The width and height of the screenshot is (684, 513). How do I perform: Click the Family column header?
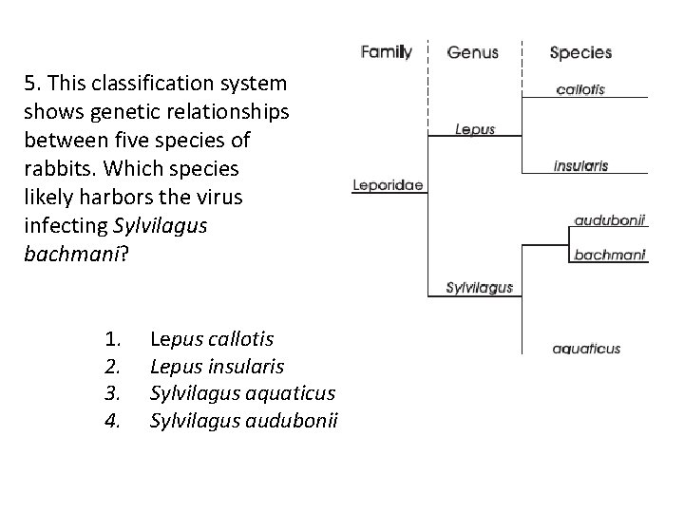point(386,52)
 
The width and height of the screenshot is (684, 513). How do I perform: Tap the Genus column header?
point(472,52)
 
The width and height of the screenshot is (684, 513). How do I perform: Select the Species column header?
point(580,52)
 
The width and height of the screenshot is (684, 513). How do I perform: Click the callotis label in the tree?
point(580,90)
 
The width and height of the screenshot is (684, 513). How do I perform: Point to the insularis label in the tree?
point(580,165)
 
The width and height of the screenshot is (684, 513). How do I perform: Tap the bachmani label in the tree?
point(610,254)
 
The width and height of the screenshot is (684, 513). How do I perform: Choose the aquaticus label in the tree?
point(586,349)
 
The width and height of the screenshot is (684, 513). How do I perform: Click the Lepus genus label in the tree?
point(475,129)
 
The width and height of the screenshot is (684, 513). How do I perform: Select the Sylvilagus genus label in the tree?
point(480,287)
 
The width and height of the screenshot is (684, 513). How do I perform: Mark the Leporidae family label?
point(388,185)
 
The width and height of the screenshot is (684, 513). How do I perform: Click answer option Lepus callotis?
point(212,339)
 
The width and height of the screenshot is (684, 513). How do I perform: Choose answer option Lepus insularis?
point(218,367)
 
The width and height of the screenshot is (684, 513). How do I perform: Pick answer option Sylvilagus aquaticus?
point(242,393)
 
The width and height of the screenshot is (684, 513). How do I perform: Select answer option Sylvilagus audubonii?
point(244,421)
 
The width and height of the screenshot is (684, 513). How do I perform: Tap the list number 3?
point(112,393)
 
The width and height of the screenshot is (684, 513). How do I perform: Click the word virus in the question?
point(218,198)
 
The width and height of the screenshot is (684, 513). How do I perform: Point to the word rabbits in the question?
point(56,169)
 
